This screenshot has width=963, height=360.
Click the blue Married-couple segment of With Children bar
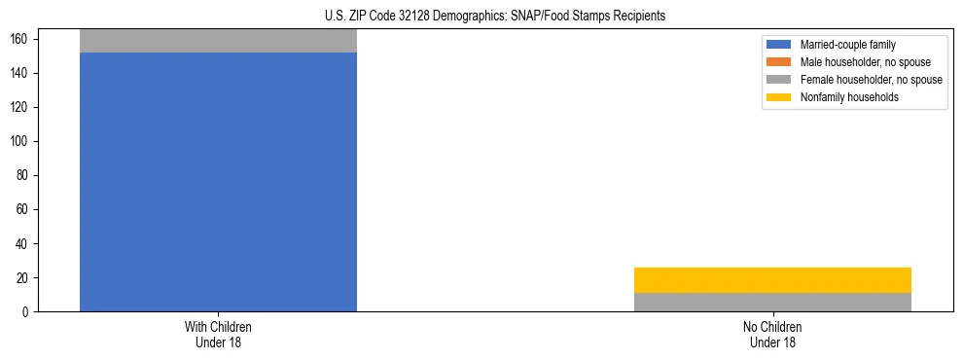pos(218,182)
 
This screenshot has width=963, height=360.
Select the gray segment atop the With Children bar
pos(218,41)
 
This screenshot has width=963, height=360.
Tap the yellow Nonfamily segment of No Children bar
pos(772,280)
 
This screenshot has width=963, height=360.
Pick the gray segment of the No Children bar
pos(772,302)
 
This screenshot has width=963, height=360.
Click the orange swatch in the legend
pos(779,62)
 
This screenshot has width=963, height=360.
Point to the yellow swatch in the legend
pos(779,97)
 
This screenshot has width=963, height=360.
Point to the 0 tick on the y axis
pos(29,312)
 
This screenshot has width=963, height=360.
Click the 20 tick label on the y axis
pos(26,278)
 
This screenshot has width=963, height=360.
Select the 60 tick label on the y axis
pos(26,209)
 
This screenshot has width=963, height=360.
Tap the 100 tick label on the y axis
pos(23,141)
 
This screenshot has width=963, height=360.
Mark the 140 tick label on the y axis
pos(23,73)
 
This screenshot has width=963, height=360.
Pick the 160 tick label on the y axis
pos(23,39)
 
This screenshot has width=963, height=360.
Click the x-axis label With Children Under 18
pos(218,335)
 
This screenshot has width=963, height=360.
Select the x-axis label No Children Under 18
pos(772,335)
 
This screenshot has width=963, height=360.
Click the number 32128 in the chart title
pos(414,17)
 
